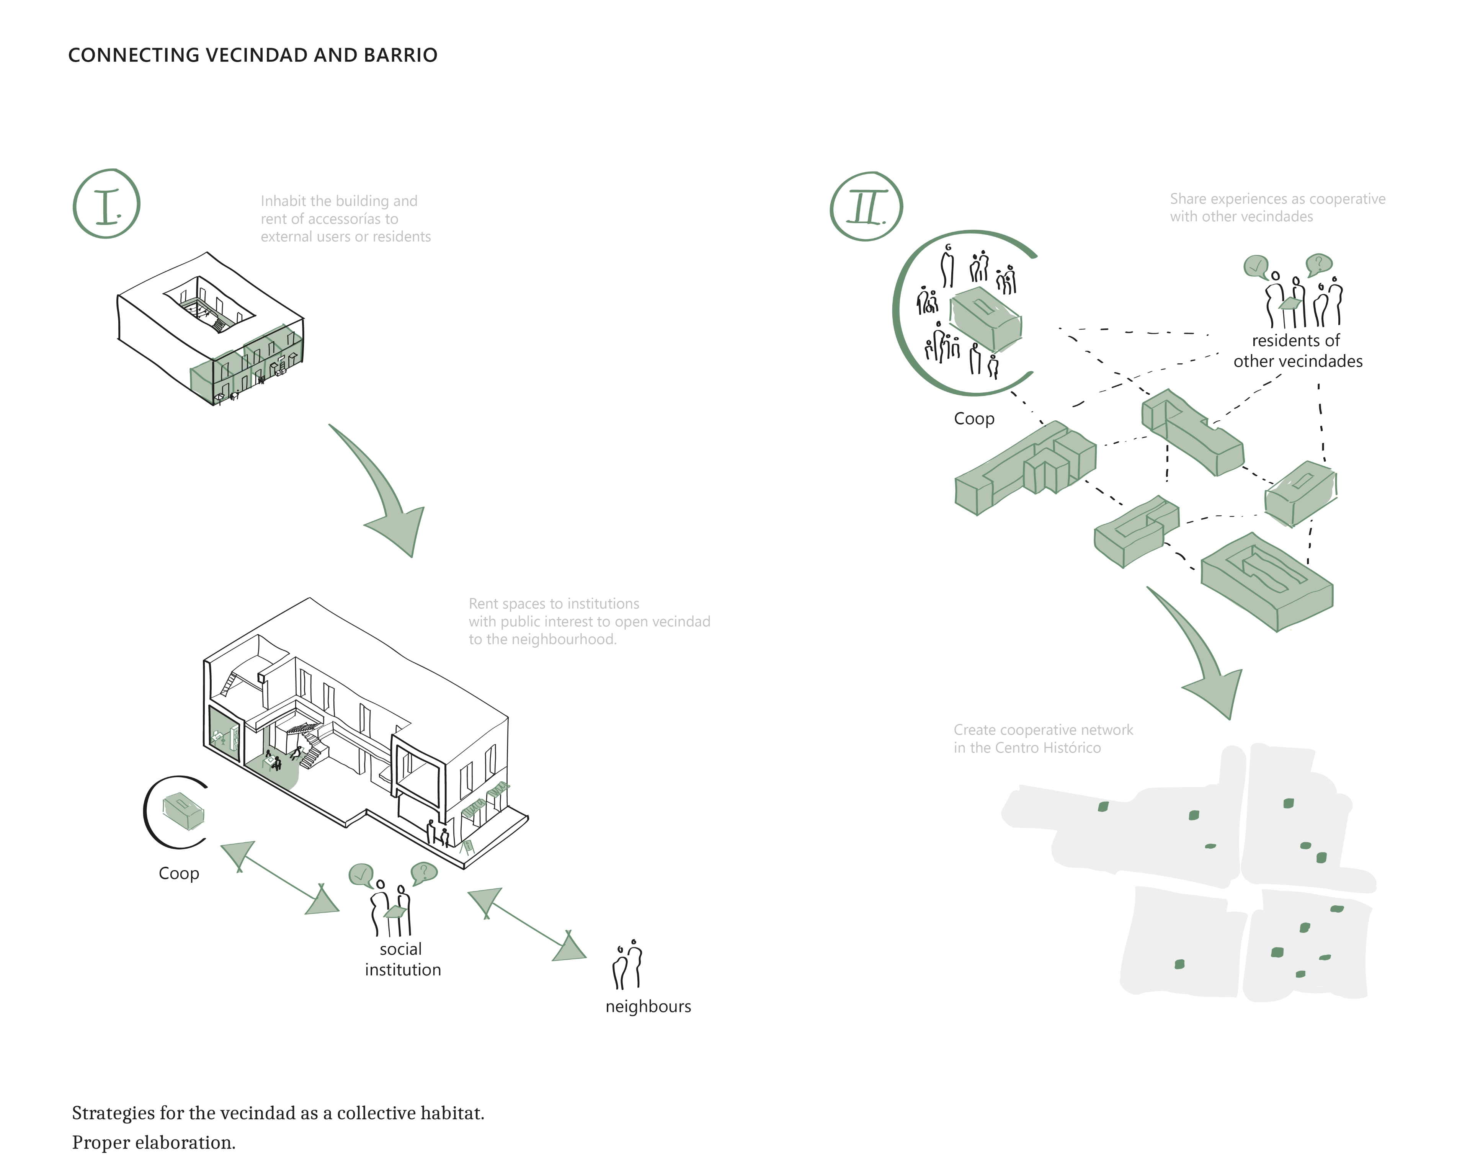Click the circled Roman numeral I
coord(106,204)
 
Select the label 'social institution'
coord(402,959)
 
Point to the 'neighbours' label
coord(648,1006)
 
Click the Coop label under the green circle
coord(973,418)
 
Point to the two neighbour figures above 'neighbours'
coord(628,964)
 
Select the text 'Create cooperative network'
coord(1043,730)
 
